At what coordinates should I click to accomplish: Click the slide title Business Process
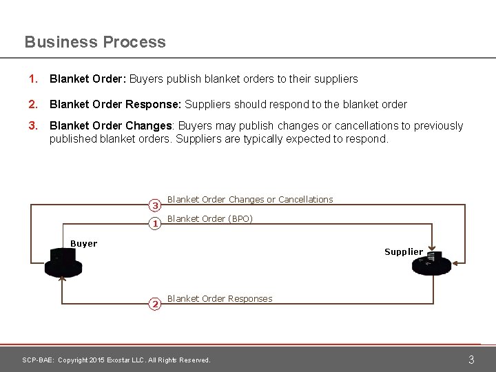click(x=95, y=42)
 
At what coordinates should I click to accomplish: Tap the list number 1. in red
click(x=32, y=79)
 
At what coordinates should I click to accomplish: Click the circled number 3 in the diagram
click(x=155, y=205)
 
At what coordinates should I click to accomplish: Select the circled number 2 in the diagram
click(x=155, y=304)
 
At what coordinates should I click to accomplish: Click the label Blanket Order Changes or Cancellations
click(x=250, y=200)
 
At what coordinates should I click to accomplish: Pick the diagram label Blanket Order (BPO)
click(x=210, y=219)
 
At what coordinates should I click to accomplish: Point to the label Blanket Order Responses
click(x=220, y=299)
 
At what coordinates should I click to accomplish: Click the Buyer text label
click(x=84, y=244)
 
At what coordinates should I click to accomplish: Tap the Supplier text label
click(x=404, y=252)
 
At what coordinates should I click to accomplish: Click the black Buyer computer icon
click(x=63, y=263)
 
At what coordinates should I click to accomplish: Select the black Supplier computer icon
click(x=431, y=264)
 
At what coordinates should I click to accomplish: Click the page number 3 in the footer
click(x=471, y=360)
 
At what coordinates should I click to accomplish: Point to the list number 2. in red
click(x=32, y=105)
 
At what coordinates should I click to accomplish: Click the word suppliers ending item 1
click(x=335, y=79)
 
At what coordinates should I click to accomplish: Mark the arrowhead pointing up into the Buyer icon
click(x=63, y=278)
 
